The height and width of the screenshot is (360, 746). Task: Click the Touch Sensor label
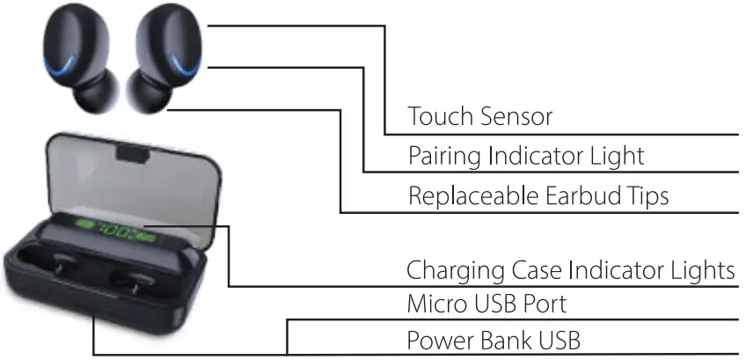(x=479, y=116)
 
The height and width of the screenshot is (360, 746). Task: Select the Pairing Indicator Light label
(x=526, y=156)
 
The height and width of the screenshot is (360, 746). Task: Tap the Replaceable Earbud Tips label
(x=538, y=195)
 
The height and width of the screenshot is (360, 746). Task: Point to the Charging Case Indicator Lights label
(x=569, y=269)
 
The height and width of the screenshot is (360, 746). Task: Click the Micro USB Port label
(x=486, y=305)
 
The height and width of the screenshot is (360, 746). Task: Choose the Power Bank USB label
(x=493, y=340)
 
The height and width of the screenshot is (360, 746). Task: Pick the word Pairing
(x=442, y=156)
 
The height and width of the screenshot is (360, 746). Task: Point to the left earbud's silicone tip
(x=91, y=95)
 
